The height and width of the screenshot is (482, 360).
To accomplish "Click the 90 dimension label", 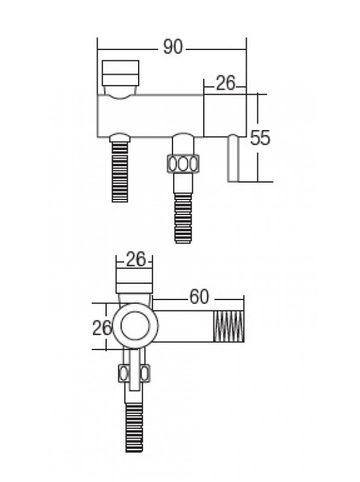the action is tap(172, 48).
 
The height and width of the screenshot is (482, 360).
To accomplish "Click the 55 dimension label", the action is tap(260, 137).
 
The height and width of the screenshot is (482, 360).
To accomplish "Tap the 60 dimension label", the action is tap(199, 297).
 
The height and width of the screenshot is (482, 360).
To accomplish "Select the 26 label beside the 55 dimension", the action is tap(226, 83).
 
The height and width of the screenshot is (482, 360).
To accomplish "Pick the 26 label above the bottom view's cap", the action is tap(136, 259).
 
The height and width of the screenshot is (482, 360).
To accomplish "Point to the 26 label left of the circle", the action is tap(102, 328).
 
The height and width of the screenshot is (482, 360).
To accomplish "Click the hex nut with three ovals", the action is tap(183, 163).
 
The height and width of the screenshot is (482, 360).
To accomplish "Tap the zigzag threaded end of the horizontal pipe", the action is tap(229, 326).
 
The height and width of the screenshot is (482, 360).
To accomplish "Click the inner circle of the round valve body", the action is tap(136, 325).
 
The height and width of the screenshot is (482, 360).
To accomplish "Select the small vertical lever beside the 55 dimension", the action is tap(233, 158).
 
